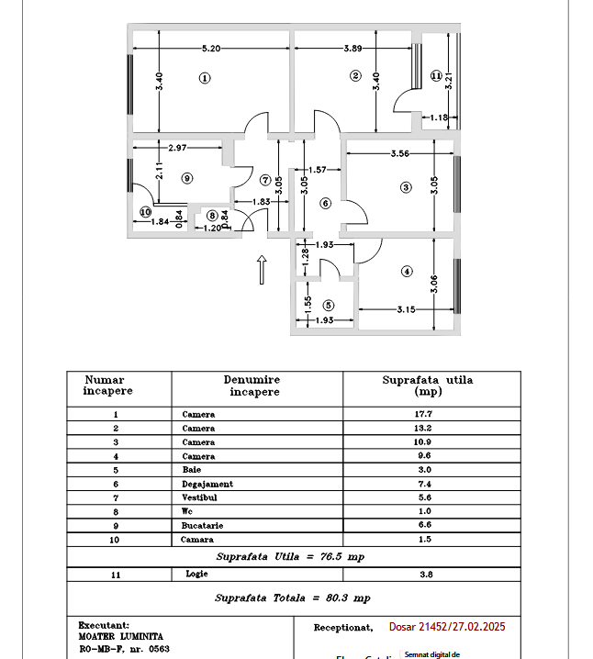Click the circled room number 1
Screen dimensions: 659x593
tap(204, 78)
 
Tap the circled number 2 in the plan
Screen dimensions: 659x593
tap(356, 76)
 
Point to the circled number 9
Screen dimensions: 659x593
tap(186, 178)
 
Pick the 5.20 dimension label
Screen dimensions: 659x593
tap(210, 48)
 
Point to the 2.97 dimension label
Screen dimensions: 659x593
tap(179, 148)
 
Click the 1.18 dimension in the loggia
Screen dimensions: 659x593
tap(440, 117)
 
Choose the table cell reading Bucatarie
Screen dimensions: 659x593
tap(203, 526)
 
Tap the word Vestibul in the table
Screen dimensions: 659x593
tap(201, 498)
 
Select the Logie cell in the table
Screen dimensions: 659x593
tap(197, 574)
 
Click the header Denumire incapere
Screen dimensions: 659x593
tap(252, 385)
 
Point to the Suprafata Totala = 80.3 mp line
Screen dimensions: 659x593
tap(293, 598)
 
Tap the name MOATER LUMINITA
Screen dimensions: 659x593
tap(120, 635)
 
